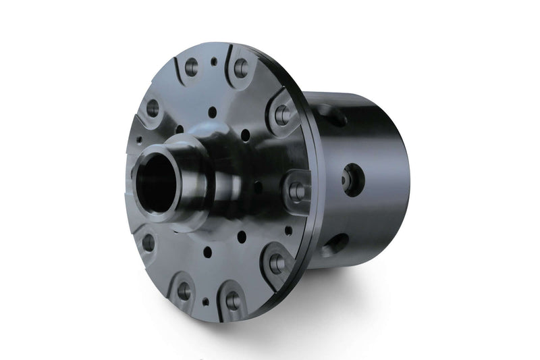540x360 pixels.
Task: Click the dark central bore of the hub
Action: point(157,182)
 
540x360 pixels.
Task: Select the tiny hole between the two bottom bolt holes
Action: point(205,301)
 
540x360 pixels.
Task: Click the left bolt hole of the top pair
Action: point(191,66)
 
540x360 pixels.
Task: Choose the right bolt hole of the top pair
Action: point(240,68)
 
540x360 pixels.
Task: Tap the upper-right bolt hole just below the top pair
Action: point(282,115)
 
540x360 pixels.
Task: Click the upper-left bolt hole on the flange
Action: point(153,107)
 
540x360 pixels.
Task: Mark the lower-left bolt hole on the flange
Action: point(148,242)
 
